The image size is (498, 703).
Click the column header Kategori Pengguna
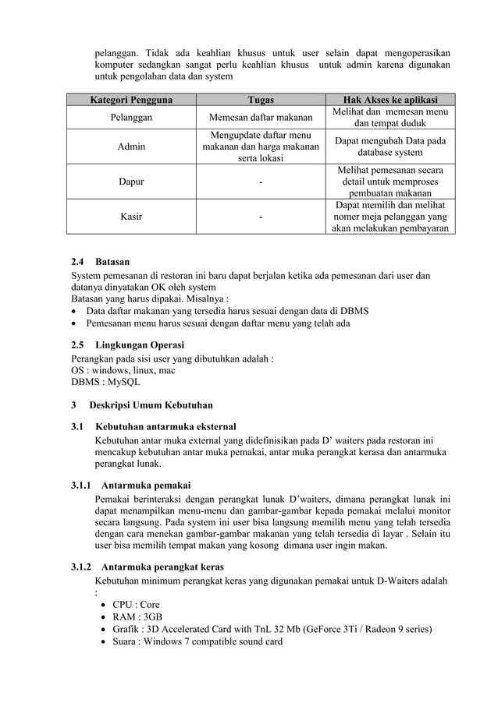coord(130,100)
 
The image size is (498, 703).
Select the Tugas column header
coord(260,100)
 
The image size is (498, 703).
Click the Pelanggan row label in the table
coord(130,118)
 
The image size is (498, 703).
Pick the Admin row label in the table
coord(130,146)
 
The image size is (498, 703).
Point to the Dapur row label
coord(130,182)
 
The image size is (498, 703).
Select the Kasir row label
coord(130,217)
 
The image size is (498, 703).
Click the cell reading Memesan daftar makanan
coord(260,118)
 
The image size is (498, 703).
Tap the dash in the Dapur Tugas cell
coord(260,182)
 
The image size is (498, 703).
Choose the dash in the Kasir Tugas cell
coord(260,217)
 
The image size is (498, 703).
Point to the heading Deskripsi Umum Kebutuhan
coord(141,405)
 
